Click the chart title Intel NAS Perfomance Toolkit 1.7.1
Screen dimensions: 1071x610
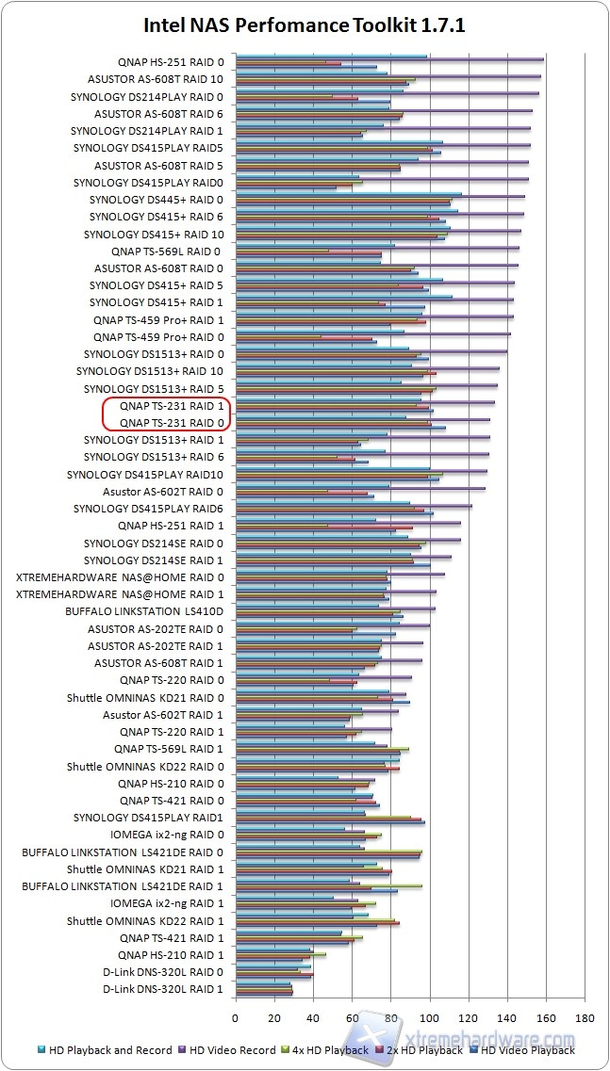point(305,26)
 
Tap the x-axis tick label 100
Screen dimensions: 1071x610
point(430,1017)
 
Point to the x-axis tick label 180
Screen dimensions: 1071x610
point(585,1017)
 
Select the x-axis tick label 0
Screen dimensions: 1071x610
point(236,1017)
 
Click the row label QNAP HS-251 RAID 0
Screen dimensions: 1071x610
point(171,62)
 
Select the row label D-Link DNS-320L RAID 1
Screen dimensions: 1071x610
point(162,989)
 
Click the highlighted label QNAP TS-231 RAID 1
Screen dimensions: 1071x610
point(172,406)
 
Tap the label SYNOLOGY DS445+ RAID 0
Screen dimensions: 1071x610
point(157,200)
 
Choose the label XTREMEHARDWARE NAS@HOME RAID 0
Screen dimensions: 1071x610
point(121,577)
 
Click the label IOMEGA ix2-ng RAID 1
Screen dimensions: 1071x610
point(167,903)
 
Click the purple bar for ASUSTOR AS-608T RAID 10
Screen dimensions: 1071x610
point(388,76)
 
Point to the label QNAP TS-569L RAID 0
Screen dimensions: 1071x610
point(166,252)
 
